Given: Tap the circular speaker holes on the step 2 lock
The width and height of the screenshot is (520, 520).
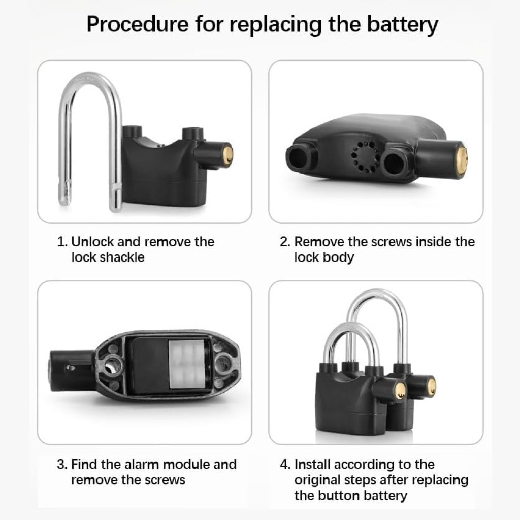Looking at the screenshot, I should (364, 157).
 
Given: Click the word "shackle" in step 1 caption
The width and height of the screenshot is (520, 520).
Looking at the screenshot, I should (122, 257).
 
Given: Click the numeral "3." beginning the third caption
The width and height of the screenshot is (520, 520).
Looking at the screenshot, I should (61, 464).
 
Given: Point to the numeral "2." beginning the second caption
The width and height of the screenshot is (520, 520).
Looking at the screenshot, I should (285, 241).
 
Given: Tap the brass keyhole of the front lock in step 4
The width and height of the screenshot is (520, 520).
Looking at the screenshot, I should (400, 391).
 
